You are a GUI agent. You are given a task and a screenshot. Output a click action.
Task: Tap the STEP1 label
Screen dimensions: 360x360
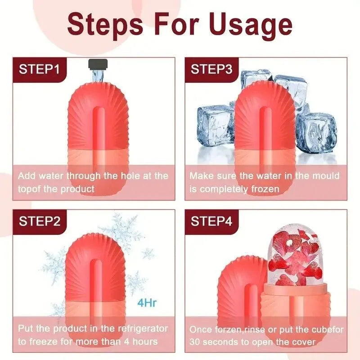(x=39, y=69)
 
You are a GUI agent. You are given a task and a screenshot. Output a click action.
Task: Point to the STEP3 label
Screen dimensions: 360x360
(x=211, y=69)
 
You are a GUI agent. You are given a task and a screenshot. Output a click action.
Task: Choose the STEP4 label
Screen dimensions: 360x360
(x=211, y=221)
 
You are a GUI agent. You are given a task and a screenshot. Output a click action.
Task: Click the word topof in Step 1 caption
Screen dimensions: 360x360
(x=30, y=189)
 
